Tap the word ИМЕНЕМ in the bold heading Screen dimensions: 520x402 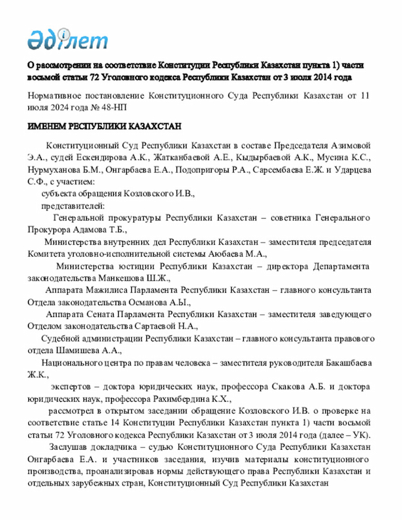pyautogui.click(x=48, y=126)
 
